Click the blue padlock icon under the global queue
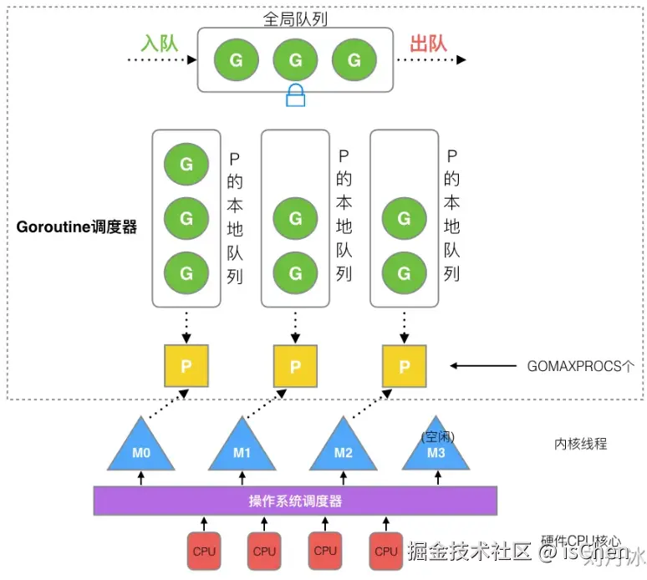point(295,96)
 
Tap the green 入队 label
point(159,43)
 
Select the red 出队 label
point(430,43)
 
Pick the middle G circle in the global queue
point(295,60)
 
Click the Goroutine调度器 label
point(76,226)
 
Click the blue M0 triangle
point(140,448)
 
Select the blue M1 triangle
point(242,448)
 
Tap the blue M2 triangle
point(344,448)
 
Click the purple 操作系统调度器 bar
point(295,501)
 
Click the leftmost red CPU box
point(204,551)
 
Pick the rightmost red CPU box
point(385,551)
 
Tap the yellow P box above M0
point(186,366)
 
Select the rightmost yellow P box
point(404,366)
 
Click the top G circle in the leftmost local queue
point(186,164)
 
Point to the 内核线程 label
point(580,444)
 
